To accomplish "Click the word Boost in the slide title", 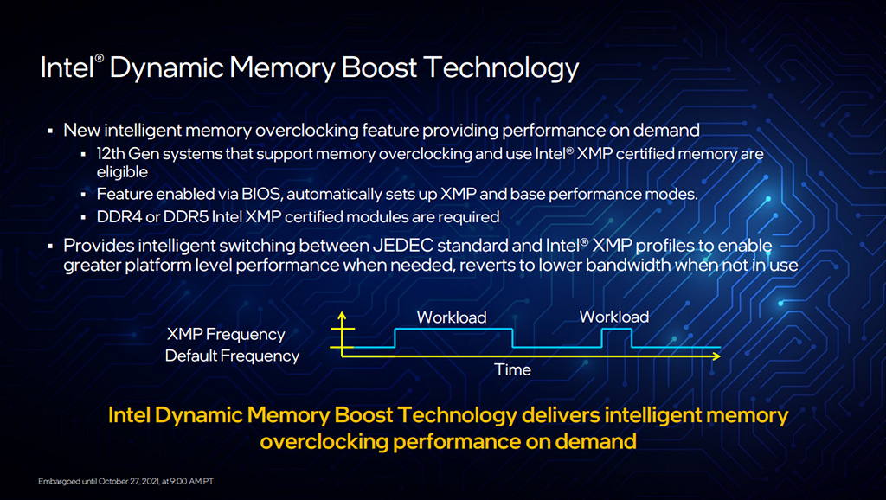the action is [x=379, y=67].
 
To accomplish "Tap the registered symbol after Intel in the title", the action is [x=100, y=58].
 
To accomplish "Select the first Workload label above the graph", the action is [x=452, y=317].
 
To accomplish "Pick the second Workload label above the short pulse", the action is [x=614, y=317].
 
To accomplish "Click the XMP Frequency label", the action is [x=226, y=335].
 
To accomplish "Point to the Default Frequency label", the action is [x=232, y=356].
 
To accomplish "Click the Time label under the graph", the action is [x=512, y=369].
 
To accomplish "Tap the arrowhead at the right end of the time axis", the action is [x=716, y=356].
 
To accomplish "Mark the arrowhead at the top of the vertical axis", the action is [x=342, y=315].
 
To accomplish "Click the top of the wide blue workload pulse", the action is [x=453, y=329].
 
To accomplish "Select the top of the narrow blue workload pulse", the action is [x=617, y=330].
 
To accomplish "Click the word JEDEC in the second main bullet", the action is [x=402, y=246].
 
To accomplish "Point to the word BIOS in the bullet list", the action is [x=261, y=195].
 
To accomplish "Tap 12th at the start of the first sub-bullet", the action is [x=111, y=154].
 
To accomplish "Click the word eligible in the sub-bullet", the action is [x=122, y=172].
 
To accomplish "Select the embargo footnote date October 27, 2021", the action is [x=129, y=481].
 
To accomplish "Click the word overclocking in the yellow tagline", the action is [x=324, y=442].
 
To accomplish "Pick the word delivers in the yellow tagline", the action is [x=561, y=416].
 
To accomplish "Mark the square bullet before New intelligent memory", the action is [x=50, y=131].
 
